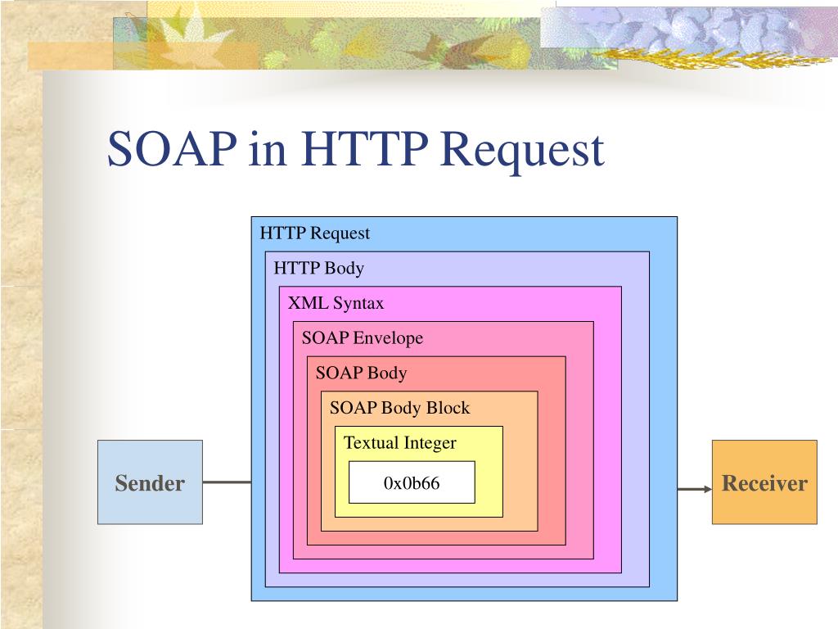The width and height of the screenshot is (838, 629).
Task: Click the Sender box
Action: [150, 482]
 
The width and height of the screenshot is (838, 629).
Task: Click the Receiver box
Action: [764, 482]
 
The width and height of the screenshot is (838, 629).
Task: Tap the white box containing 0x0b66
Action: [412, 482]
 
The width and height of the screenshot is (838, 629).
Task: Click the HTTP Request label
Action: [315, 233]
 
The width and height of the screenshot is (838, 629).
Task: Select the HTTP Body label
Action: [319, 268]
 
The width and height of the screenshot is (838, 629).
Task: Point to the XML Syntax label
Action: [336, 303]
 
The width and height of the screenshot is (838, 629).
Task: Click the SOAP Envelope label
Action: [363, 337]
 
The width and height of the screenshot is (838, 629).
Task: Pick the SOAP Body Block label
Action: [400, 408]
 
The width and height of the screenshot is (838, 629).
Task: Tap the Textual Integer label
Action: [400, 443]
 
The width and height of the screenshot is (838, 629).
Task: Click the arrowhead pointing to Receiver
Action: [706, 489]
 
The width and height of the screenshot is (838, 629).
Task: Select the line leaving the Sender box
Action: [227, 482]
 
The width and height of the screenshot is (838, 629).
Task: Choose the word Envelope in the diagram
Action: [388, 337]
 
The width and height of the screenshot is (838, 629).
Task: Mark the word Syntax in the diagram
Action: [358, 304]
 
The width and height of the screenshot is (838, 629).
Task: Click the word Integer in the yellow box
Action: [430, 444]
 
